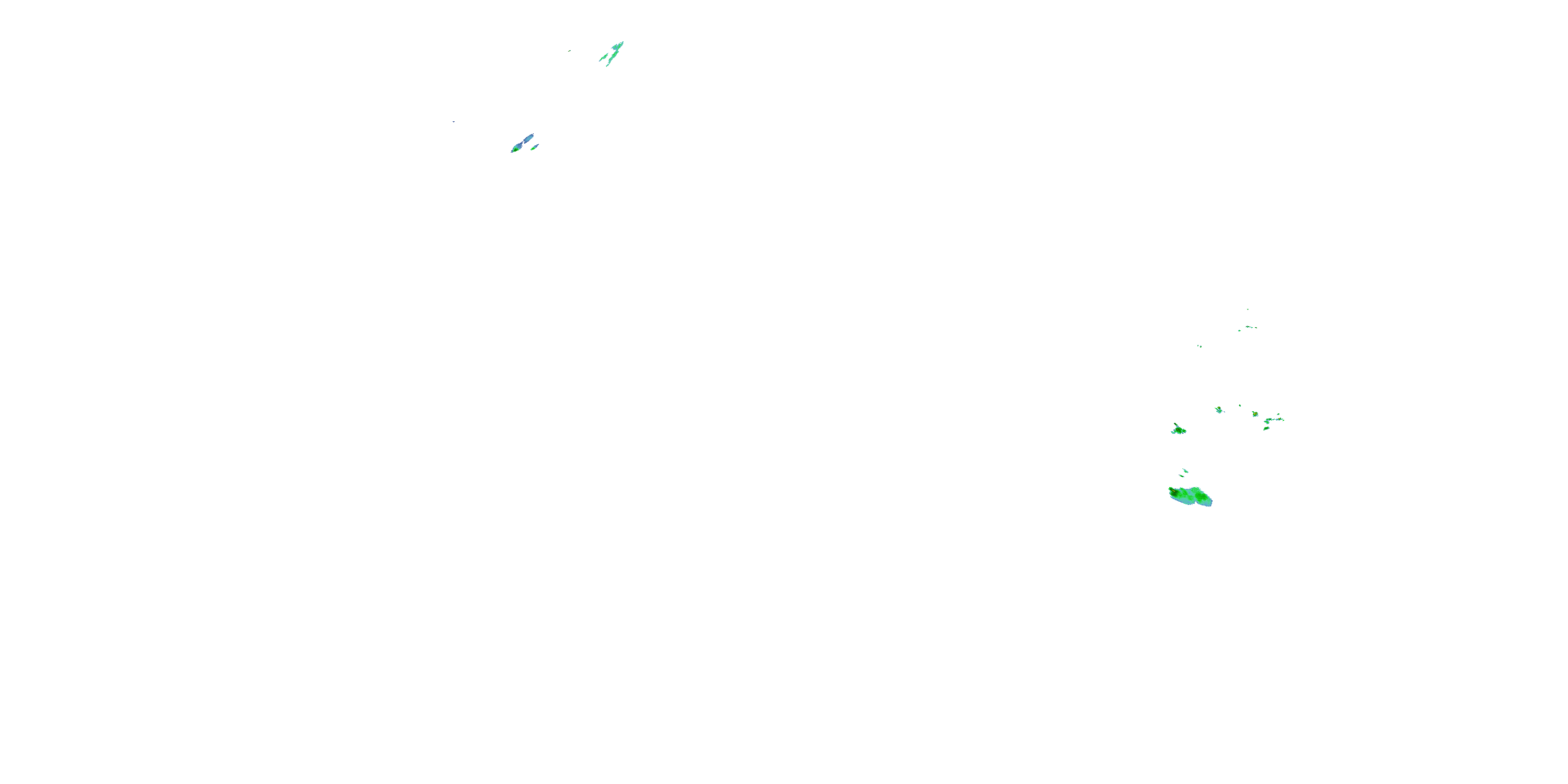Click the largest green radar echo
click(x=1190, y=496)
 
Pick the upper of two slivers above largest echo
click(x=1185, y=470)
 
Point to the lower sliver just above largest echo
click(x=1181, y=476)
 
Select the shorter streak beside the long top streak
click(x=604, y=58)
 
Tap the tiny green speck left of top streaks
click(x=570, y=51)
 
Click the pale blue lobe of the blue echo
click(x=526, y=140)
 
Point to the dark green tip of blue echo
click(x=515, y=149)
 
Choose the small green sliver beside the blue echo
click(x=535, y=146)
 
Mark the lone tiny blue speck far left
click(x=454, y=122)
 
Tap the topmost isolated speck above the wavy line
click(x=1248, y=309)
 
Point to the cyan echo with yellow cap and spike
click(x=1219, y=410)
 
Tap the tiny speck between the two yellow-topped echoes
click(x=1240, y=406)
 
